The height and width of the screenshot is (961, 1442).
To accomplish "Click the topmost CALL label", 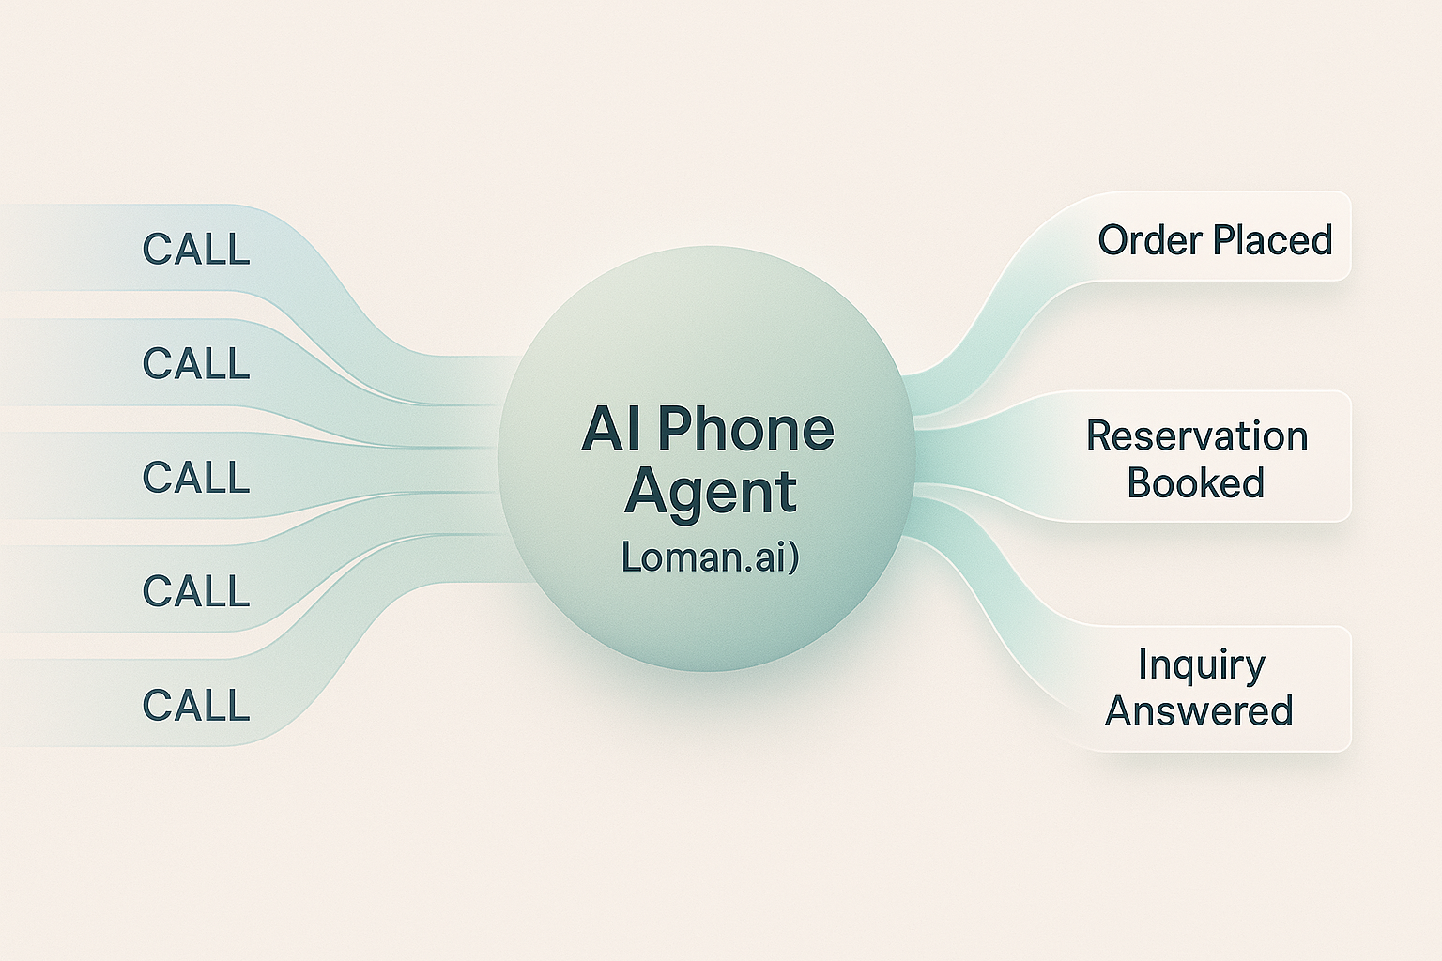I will [196, 250].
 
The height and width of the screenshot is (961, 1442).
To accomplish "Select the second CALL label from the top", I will [196, 363].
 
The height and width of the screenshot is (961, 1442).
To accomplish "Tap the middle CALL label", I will [196, 477].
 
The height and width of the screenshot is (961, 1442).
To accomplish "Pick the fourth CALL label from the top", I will [196, 591].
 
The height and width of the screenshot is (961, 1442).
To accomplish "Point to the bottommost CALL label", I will [196, 705].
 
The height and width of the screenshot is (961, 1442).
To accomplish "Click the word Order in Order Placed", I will [1151, 240].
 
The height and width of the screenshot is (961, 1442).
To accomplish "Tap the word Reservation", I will [1197, 436].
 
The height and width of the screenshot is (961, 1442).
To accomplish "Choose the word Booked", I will [1195, 482].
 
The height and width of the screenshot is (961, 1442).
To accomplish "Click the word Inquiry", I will [1202, 665].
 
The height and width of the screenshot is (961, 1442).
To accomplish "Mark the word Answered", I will [1199, 710].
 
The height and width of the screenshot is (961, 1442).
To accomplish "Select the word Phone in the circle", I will [744, 429].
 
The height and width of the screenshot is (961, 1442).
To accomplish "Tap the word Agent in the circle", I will [711, 493].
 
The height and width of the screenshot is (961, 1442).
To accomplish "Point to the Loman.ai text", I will [704, 557].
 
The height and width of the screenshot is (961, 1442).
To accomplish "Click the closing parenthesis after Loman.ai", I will [792, 558].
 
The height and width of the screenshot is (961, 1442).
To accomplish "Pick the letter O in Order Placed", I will [1113, 240].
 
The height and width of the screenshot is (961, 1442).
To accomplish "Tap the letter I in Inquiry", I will [1143, 664].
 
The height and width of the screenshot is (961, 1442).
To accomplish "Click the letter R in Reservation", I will [1099, 436].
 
